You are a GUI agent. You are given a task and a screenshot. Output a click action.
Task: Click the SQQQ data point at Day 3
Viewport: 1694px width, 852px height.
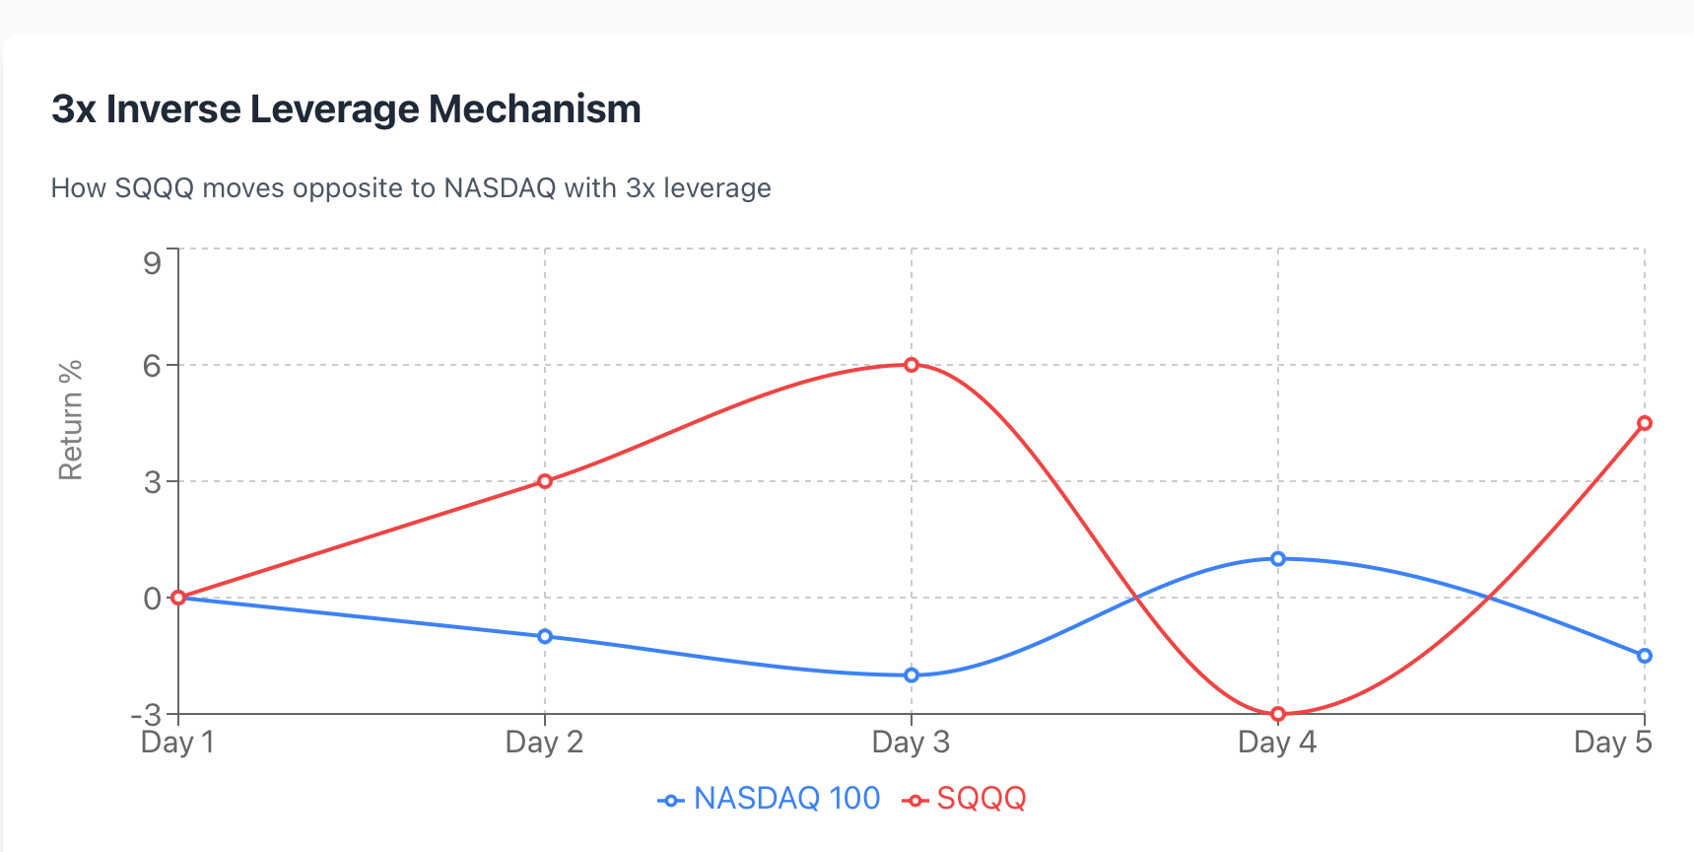click(912, 365)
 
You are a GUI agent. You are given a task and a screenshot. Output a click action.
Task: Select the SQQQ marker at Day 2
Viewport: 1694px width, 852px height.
click(545, 481)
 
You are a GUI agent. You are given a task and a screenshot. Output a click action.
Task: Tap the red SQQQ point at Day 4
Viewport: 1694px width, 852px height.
click(1278, 714)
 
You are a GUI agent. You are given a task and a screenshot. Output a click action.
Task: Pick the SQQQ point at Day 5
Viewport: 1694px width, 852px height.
click(1645, 423)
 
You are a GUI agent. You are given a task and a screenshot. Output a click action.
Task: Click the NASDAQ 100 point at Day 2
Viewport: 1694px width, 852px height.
click(545, 636)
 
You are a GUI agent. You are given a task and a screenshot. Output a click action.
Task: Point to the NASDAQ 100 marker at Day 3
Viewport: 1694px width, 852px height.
click(912, 675)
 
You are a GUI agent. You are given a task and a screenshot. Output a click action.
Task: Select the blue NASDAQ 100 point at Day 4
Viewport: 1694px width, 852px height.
click(1278, 558)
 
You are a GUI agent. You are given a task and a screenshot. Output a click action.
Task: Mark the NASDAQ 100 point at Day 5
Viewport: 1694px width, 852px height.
click(1645, 656)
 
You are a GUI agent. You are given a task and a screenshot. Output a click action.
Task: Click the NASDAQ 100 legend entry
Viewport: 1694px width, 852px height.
click(770, 799)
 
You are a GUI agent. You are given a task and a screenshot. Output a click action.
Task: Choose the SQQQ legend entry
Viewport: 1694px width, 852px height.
click(965, 799)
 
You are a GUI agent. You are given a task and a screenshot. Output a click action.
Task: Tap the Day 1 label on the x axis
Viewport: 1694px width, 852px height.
click(177, 743)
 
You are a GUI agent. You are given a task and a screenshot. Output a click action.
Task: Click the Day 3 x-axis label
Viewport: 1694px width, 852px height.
click(911, 743)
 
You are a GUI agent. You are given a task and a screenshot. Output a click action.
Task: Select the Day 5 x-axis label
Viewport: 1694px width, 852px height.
click(1612, 743)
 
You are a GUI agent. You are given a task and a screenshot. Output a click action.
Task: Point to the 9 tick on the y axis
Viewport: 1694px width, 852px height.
click(152, 262)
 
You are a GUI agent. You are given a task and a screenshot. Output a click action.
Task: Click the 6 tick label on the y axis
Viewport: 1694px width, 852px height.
click(152, 366)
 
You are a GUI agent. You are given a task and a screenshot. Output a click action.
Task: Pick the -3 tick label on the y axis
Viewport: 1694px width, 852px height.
click(146, 714)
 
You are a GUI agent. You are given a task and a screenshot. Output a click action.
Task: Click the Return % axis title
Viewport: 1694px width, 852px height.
click(71, 420)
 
